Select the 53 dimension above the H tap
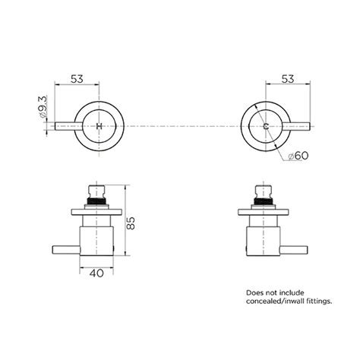[x=77, y=77]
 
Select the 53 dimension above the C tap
[x=288, y=77]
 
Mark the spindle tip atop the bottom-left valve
[x=96, y=188]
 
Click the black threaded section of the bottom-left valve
[x=96, y=202]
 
